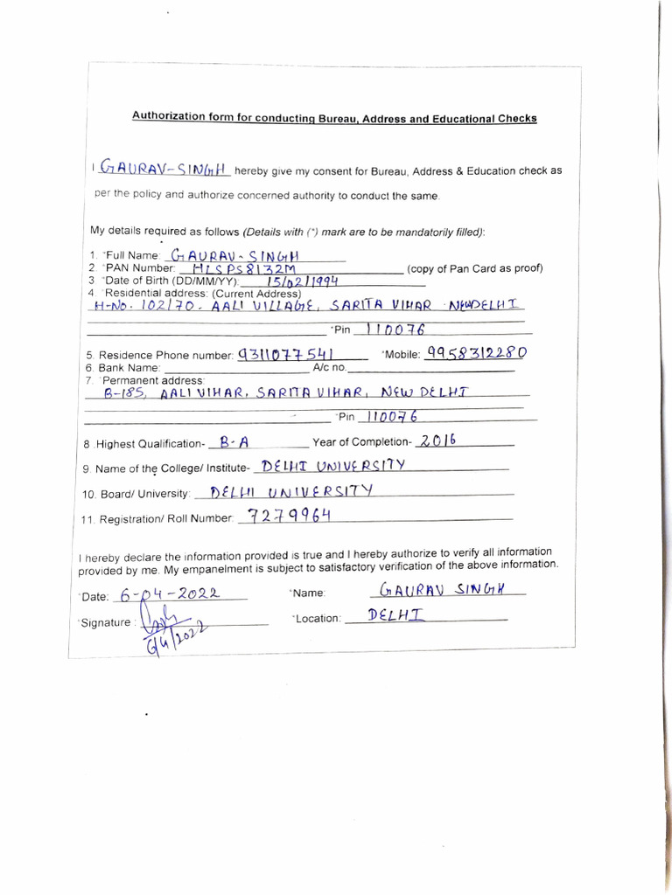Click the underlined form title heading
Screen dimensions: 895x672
tap(334, 117)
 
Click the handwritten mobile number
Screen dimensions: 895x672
tap(475, 352)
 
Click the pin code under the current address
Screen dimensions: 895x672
tap(395, 329)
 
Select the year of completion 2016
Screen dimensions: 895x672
tap(437, 441)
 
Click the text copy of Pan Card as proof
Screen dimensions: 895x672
tap(475, 268)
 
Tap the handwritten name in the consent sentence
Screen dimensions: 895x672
tap(164, 167)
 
